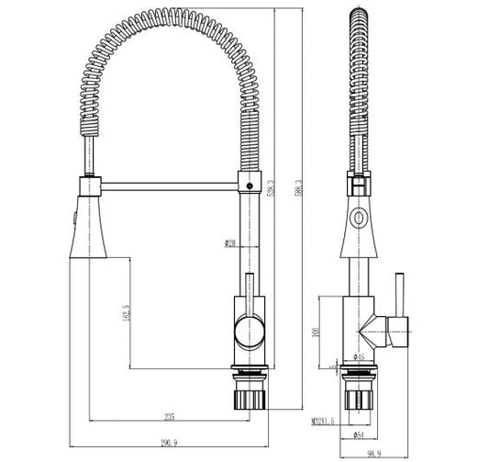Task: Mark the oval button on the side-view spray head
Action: [x=357, y=220]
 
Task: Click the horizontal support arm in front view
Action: [x=165, y=187]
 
